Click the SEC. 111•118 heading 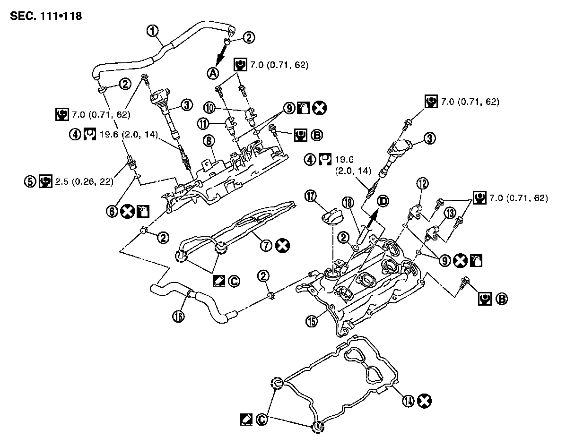click(45, 16)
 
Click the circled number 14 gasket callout click(407, 401)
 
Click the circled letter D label click(383, 201)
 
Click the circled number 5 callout click(30, 180)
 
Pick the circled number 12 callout click(422, 183)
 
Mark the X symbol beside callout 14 click(425, 401)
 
